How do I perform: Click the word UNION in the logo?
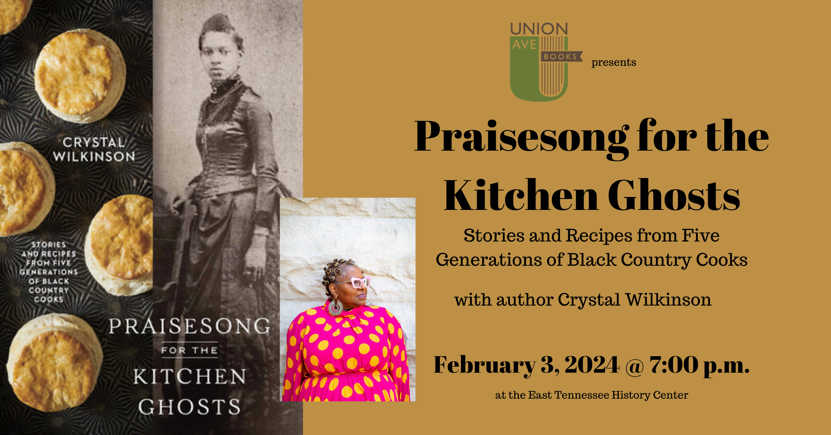tap(539, 29)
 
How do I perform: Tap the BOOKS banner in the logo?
tap(561, 56)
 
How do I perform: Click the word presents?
tap(614, 62)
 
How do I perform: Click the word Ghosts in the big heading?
tap(674, 196)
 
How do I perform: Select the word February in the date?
tap(484, 365)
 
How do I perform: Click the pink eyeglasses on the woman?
tap(358, 282)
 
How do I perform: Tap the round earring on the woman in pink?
tap(335, 307)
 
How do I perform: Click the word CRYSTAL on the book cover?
tap(94, 142)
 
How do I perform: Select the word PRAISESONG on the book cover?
tap(189, 326)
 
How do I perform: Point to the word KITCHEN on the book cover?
tap(190, 377)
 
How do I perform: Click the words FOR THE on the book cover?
tap(189, 350)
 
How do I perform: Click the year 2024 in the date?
tap(592, 365)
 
